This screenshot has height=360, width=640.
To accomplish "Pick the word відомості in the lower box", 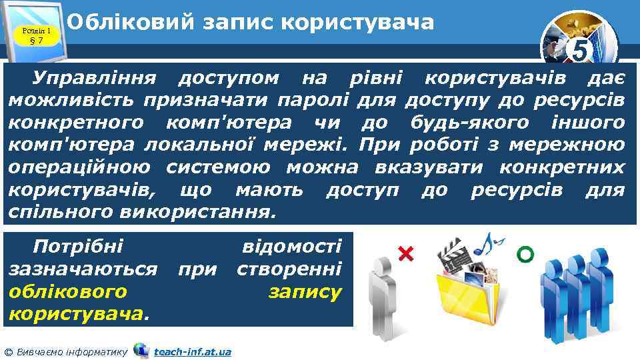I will tap(291, 247).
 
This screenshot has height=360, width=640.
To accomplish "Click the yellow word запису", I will tap(305, 291).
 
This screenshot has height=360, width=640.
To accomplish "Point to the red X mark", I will tap(405, 253).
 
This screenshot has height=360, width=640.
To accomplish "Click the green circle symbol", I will tap(525, 253).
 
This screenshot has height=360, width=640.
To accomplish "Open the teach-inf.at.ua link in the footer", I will tap(192, 351).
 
